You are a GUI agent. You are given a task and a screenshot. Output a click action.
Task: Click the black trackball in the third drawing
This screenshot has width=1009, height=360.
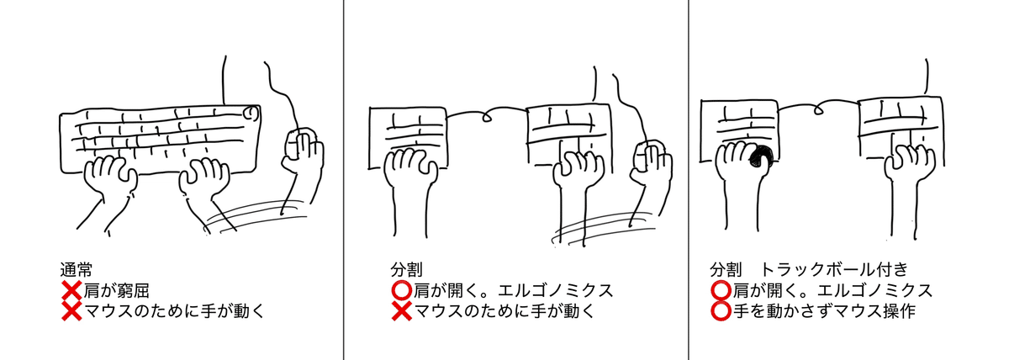(761, 157)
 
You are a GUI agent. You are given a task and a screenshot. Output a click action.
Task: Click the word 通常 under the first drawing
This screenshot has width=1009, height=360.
(77, 269)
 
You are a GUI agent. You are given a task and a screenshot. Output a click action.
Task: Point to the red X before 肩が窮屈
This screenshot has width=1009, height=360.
(71, 290)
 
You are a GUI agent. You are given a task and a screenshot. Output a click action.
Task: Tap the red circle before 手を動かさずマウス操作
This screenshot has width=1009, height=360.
(721, 310)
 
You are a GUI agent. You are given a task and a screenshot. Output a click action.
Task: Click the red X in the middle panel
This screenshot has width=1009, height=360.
(402, 310)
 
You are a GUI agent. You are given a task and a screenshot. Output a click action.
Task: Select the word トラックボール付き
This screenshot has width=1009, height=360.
(834, 269)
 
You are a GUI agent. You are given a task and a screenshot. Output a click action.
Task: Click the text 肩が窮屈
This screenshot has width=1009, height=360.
(116, 291)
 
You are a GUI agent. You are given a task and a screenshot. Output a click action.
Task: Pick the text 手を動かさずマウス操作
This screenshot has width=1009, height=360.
(824, 311)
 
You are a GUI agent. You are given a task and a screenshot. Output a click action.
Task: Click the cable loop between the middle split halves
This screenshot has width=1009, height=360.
(487, 118)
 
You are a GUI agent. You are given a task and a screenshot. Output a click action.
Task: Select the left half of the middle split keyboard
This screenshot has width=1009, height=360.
(408, 137)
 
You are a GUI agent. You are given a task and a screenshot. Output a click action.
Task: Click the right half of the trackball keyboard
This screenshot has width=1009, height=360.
(901, 131)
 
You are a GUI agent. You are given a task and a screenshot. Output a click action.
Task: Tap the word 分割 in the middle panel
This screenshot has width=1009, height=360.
(406, 269)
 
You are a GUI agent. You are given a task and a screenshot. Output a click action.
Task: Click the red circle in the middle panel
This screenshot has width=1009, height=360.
(402, 290)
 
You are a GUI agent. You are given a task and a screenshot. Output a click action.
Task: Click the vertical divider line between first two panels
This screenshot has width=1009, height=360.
(344, 180)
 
